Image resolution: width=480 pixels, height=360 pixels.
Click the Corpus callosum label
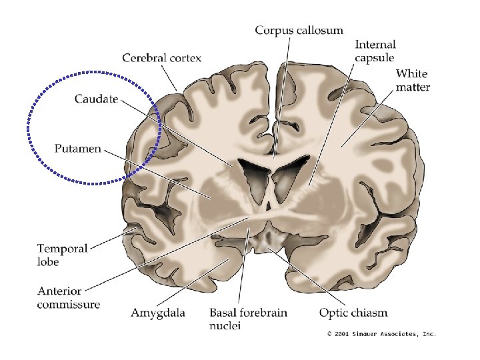click(x=299, y=30)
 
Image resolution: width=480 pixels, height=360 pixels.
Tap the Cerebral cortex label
click(x=161, y=58)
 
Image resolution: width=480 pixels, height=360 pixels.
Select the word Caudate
click(x=96, y=99)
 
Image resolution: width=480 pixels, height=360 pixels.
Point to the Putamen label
click(x=77, y=149)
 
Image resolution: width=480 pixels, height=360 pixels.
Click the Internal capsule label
click(x=375, y=51)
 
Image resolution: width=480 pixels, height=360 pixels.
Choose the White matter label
click(x=413, y=80)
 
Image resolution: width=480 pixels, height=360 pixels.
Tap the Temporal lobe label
click(x=62, y=255)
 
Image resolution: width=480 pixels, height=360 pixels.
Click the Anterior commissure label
click(x=69, y=298)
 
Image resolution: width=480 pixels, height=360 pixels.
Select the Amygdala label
click(x=158, y=312)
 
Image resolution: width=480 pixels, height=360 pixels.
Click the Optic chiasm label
click(x=353, y=312)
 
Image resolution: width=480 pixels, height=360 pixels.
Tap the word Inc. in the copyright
click(x=428, y=333)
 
